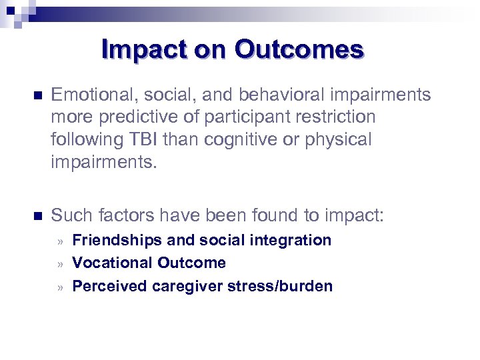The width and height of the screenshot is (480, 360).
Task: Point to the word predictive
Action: point(134,117)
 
